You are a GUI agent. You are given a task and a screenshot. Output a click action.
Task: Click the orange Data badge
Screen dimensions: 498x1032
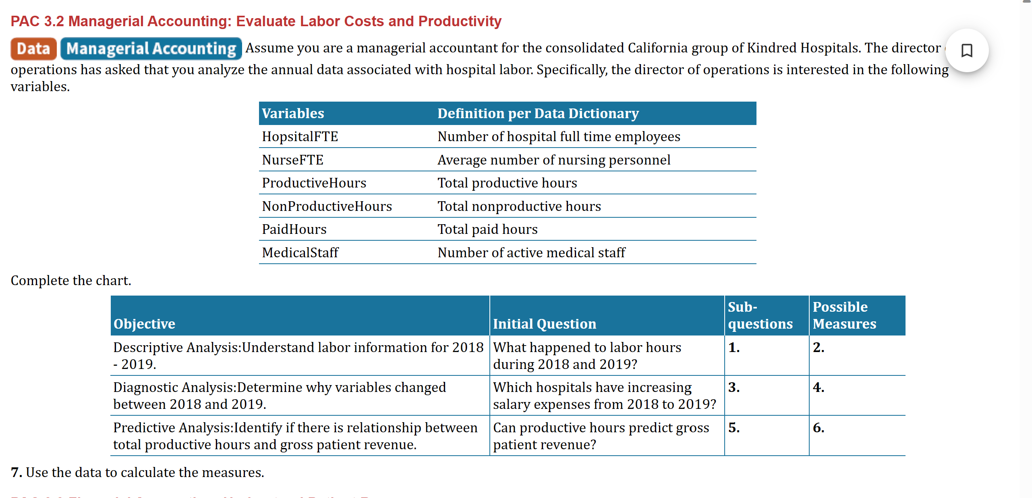(x=33, y=49)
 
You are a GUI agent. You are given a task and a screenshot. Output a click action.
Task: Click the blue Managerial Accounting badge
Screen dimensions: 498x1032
(x=151, y=49)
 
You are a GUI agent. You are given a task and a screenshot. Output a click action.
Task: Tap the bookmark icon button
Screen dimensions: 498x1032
(x=966, y=51)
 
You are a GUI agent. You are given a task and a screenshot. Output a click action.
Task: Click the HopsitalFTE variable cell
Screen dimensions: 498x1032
(x=300, y=137)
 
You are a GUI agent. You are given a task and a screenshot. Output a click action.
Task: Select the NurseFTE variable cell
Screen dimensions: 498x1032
(x=293, y=160)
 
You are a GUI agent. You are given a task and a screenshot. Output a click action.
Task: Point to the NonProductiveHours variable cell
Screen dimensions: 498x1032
(x=327, y=206)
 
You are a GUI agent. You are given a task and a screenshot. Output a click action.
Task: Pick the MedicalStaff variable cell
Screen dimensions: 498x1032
(x=300, y=253)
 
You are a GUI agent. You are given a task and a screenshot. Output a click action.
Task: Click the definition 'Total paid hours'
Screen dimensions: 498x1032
(x=487, y=229)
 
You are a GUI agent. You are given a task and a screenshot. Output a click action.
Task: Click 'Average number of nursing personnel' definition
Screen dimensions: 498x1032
(x=554, y=160)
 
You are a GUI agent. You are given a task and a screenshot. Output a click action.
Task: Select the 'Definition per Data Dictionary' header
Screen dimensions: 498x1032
(x=538, y=114)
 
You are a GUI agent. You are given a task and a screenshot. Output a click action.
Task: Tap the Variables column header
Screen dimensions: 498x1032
(x=293, y=114)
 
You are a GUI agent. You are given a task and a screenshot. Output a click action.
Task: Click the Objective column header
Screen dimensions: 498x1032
(x=144, y=324)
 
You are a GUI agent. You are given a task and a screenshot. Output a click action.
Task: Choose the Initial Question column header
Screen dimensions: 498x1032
(x=544, y=324)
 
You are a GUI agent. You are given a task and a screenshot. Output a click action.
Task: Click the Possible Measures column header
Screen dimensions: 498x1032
(x=844, y=315)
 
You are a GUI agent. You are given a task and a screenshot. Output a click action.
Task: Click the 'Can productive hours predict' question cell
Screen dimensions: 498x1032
(x=601, y=436)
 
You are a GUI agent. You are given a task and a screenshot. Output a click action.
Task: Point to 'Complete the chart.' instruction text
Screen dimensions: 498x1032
(x=71, y=281)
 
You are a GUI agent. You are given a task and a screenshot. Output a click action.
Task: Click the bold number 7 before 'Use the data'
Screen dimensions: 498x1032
(x=16, y=473)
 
